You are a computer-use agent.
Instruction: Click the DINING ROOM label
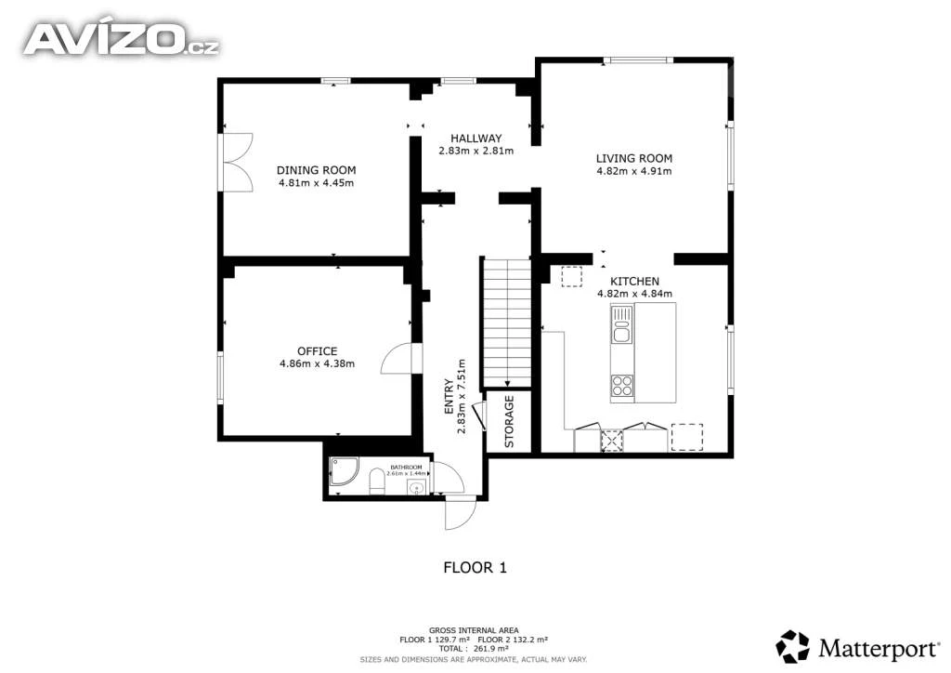[x=316, y=170]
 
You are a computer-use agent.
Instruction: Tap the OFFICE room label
[x=318, y=351]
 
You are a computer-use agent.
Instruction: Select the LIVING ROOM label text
[x=633, y=158]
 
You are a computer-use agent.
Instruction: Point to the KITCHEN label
[x=634, y=282]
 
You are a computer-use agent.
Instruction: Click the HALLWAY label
[x=476, y=139]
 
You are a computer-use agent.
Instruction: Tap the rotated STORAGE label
[x=509, y=422]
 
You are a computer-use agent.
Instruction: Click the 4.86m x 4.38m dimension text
[x=318, y=364]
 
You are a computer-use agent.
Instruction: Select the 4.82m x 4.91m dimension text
[x=633, y=171]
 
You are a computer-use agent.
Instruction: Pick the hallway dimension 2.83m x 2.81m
[x=476, y=152]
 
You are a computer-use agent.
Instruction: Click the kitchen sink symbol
[x=621, y=325]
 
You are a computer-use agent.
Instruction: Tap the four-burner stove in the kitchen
[x=621, y=386]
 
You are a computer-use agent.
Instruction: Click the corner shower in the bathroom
[x=344, y=471]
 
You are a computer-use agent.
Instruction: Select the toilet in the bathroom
[x=377, y=482]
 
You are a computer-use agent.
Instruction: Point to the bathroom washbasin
[x=417, y=487]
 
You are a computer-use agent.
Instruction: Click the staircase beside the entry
[x=506, y=323]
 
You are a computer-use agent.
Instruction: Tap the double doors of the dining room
[x=236, y=162]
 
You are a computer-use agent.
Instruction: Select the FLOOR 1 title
[x=475, y=568]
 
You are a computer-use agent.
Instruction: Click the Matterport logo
[x=857, y=648]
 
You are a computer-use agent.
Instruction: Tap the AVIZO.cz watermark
[x=121, y=39]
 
